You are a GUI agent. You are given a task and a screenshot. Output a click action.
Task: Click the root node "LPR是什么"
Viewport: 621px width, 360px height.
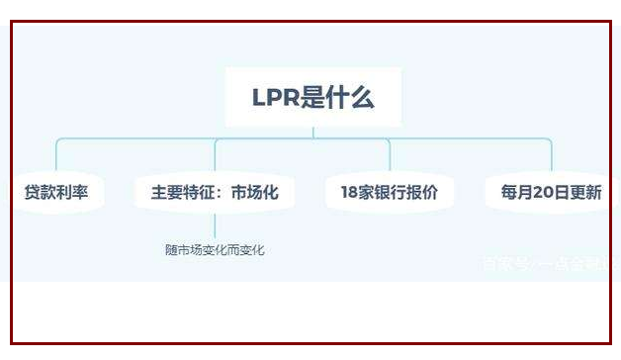pos(312,97)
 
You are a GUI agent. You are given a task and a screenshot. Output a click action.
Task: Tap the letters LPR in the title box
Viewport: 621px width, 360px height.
pos(273,97)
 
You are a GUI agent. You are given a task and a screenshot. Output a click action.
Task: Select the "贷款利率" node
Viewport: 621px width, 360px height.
pos(56,193)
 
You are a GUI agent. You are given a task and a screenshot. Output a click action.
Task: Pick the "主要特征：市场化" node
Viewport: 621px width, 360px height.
pos(215,193)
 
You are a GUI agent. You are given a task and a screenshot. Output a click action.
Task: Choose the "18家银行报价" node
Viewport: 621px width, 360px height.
pos(389,193)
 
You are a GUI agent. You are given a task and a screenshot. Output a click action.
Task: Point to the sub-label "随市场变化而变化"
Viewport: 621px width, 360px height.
pos(215,250)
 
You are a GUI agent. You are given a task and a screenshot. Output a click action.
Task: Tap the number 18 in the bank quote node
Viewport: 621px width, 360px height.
pos(349,193)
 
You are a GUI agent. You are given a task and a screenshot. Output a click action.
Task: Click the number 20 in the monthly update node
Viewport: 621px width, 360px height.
pos(543,193)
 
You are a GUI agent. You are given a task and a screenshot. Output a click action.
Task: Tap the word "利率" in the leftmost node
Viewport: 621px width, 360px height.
pos(72,193)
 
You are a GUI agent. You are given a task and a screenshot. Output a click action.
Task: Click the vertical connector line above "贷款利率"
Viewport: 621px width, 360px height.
pos(56,156)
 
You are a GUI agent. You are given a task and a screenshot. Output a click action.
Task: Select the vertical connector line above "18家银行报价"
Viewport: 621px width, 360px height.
pos(390,156)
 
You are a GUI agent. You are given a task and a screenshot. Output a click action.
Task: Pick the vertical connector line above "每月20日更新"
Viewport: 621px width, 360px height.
pos(551,156)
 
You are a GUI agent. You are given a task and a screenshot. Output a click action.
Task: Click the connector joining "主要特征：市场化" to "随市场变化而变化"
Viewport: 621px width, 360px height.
pos(215,225)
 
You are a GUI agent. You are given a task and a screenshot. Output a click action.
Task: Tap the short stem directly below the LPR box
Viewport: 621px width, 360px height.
pos(312,132)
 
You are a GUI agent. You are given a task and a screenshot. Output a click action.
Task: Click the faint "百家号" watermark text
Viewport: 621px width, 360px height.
pos(504,263)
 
